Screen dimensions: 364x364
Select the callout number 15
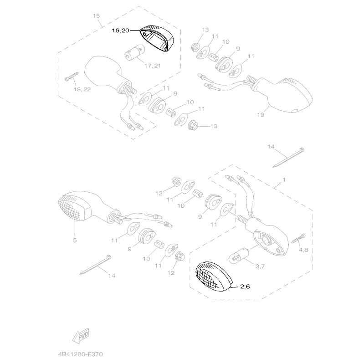(x=96, y=16)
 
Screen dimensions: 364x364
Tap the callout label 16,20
(x=121, y=31)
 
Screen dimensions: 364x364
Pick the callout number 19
(x=260, y=115)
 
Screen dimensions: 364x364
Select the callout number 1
(x=284, y=180)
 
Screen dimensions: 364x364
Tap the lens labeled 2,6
(x=212, y=276)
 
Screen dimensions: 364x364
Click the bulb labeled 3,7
(x=240, y=256)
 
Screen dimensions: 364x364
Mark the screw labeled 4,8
(x=301, y=240)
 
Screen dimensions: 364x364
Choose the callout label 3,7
(x=260, y=266)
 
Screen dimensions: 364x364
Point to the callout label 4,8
(x=303, y=250)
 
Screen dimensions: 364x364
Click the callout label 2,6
(x=245, y=287)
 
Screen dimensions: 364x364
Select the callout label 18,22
(x=82, y=90)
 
